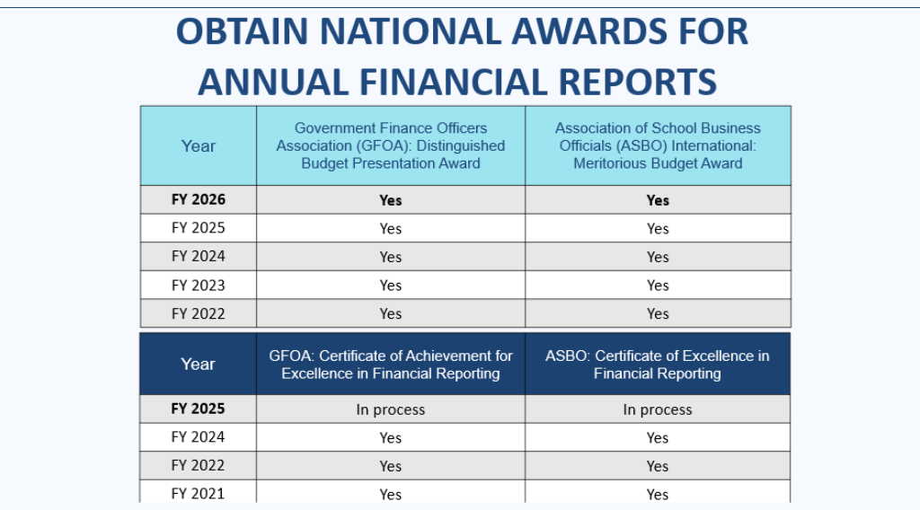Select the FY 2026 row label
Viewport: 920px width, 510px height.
(x=198, y=199)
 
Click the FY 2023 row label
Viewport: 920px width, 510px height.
(x=198, y=286)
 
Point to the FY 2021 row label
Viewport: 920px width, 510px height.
(x=198, y=493)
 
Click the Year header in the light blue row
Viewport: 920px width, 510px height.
(x=198, y=145)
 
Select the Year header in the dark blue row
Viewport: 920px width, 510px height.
(x=198, y=364)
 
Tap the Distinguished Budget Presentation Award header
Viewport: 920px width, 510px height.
(x=390, y=145)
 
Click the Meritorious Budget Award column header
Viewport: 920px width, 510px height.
(x=658, y=145)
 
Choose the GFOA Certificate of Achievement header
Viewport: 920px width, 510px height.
(x=390, y=364)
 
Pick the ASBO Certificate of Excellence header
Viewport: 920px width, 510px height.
(x=658, y=364)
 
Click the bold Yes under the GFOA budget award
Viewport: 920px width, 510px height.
(x=390, y=200)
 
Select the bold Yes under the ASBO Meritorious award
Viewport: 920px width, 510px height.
(x=658, y=200)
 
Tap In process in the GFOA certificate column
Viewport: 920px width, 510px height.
(x=390, y=409)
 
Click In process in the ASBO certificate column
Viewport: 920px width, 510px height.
(x=658, y=409)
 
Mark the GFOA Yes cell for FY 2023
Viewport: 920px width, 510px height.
(x=390, y=286)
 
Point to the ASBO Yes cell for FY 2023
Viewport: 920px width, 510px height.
(x=658, y=286)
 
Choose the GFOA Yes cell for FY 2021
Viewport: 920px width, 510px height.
(x=390, y=494)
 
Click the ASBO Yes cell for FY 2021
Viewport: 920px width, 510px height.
(x=658, y=494)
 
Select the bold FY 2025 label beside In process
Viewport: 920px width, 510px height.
(x=198, y=409)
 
